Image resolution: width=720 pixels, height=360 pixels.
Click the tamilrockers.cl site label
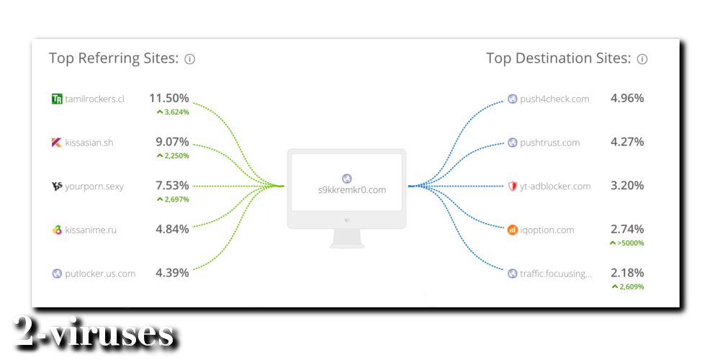pos(94,99)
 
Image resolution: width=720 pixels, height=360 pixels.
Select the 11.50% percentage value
pos(169,98)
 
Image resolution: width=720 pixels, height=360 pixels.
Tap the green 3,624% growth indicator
pos(173,112)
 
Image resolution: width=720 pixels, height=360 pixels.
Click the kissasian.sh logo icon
pos(56,143)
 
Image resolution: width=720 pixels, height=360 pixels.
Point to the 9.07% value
pos(172,142)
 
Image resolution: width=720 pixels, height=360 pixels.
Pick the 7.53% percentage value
pos(172,186)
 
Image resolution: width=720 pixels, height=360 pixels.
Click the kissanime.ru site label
pos(91,230)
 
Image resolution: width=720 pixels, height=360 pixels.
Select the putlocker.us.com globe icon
pos(57,274)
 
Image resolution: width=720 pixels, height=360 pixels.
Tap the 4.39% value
pos(172,273)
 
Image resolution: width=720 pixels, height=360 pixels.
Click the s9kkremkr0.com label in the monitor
pos(352,189)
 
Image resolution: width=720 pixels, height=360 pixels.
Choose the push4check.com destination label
pos(554,99)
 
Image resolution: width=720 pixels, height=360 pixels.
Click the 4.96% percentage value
pos(627,98)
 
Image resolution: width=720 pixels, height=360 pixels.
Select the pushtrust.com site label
pos(549,143)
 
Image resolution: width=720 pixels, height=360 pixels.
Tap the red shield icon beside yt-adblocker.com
pos(513,186)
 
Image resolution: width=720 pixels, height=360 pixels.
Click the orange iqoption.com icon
pos(513,230)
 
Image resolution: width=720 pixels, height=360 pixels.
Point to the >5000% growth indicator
pos(627,243)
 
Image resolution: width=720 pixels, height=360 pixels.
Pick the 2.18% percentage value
pos(627,273)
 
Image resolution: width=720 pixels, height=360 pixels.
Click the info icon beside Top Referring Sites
pos(189,59)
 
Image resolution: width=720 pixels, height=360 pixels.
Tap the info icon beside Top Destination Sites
pos(642,59)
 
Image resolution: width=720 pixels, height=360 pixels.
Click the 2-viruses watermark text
pos(94,331)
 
